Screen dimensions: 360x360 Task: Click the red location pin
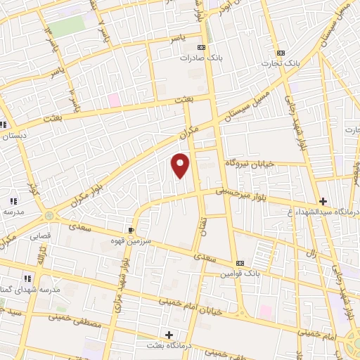click(x=181, y=166)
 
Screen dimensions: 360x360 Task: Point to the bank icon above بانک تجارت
click(x=281, y=53)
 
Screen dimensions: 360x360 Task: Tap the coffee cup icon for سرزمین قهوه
click(x=131, y=230)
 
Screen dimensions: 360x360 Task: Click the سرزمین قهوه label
click(x=131, y=240)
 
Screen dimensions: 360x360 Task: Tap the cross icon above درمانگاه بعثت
click(x=168, y=335)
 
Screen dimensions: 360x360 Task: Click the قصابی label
click(x=39, y=237)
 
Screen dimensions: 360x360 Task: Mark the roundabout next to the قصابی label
click(x=49, y=216)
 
